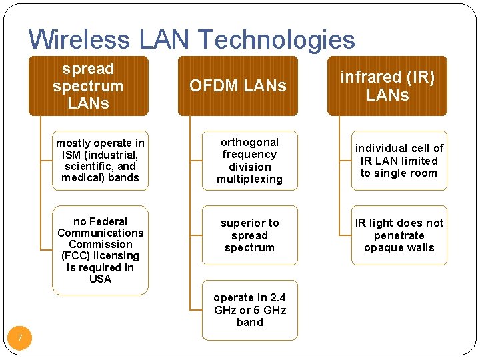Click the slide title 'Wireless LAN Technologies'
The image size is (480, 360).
[192, 39]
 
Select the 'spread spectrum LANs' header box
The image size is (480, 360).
[88, 86]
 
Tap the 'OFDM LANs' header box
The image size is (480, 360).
[237, 86]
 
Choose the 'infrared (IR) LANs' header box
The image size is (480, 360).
[387, 86]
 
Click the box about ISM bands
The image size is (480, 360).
[100, 160]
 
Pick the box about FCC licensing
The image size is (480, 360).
[100, 250]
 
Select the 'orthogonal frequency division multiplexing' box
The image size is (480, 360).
[249, 161]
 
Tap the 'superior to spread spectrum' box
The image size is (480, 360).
[249, 235]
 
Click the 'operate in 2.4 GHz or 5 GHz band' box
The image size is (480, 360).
[249, 310]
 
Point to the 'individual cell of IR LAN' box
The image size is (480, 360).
[399, 161]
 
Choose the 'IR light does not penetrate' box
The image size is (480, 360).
[399, 235]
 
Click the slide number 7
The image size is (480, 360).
[20, 339]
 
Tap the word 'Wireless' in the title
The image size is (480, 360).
[81, 39]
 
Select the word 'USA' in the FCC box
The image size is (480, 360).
[100, 279]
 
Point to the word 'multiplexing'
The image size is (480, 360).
[249, 179]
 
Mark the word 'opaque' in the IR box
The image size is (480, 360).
[380, 248]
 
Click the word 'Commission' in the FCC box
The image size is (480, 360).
[100, 244]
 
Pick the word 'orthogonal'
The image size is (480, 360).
[249, 142]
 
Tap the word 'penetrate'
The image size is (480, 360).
[399, 235]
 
